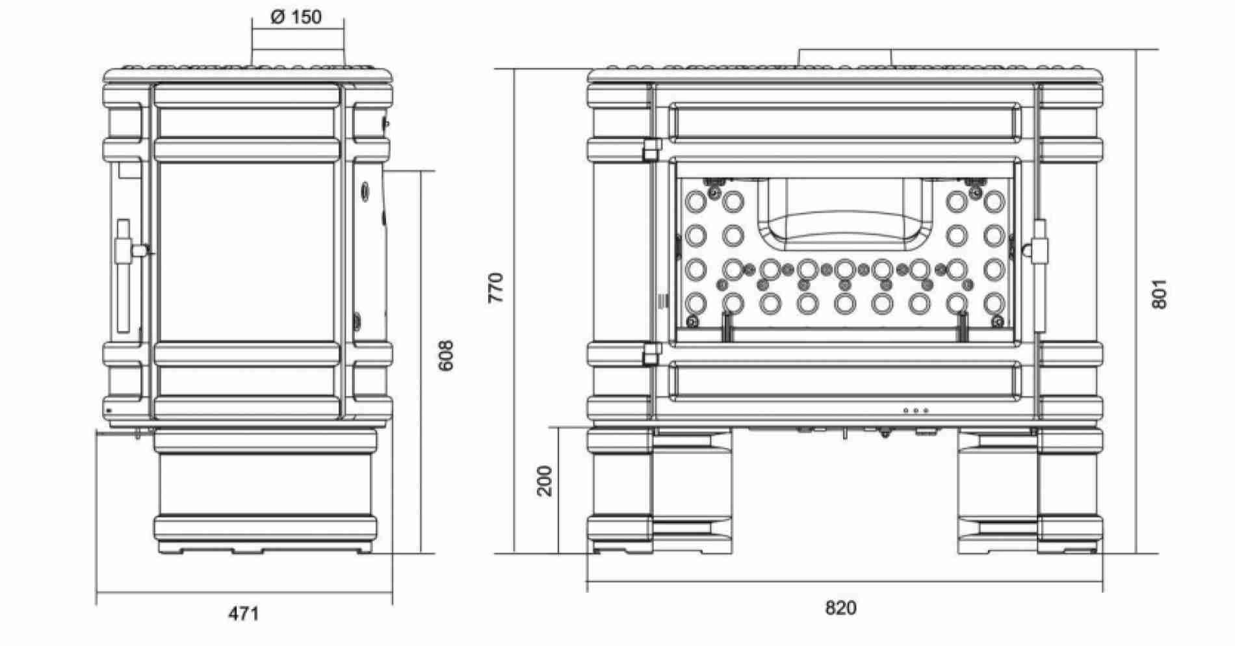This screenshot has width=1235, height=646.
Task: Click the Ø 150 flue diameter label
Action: pyautogui.click(x=296, y=18)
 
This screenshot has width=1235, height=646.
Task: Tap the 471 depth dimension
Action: pyautogui.click(x=243, y=614)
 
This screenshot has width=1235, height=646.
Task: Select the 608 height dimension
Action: pyautogui.click(x=447, y=355)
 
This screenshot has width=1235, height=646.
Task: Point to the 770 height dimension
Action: pyautogui.click(x=495, y=288)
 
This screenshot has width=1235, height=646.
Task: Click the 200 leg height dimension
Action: pyautogui.click(x=545, y=481)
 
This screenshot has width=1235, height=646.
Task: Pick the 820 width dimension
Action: pyautogui.click(x=841, y=608)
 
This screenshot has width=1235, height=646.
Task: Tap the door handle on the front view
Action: pyautogui.click(x=1039, y=276)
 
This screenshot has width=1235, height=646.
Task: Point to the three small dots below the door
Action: pyautogui.click(x=916, y=411)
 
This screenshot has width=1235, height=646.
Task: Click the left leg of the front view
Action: pyautogui.click(x=660, y=492)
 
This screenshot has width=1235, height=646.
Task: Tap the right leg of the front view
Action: pyautogui.click(x=1030, y=492)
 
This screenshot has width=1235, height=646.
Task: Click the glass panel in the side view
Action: pyautogui.click(x=247, y=252)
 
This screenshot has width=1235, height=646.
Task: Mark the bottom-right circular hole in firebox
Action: pyautogui.click(x=994, y=303)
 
